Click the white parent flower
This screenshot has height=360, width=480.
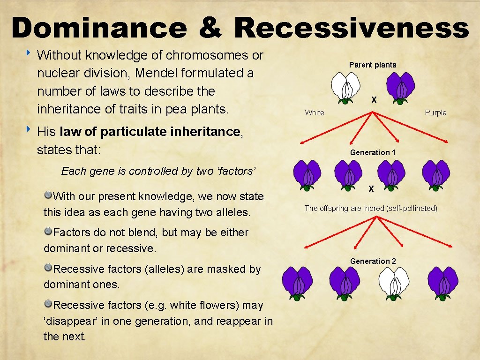click(x=345, y=87)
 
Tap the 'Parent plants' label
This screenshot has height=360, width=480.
click(x=373, y=65)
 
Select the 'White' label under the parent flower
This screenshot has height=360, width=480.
click(x=314, y=112)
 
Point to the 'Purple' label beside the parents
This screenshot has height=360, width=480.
click(x=435, y=112)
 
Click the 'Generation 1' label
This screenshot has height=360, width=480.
click(x=373, y=152)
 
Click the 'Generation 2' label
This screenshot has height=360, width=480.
click(x=373, y=261)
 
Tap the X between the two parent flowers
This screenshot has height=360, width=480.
click(x=374, y=100)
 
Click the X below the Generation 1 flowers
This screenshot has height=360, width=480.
click(x=371, y=189)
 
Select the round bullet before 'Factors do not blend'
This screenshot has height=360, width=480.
click(x=48, y=231)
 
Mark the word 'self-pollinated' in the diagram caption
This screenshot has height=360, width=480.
click(x=411, y=208)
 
